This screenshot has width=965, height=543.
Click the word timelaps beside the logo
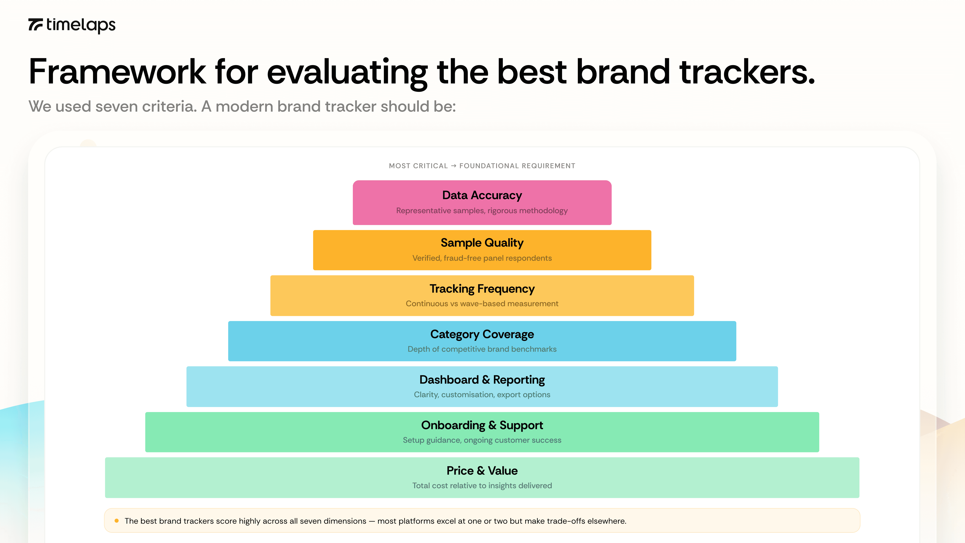(81, 25)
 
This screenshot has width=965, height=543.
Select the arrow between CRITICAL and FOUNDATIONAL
(454, 166)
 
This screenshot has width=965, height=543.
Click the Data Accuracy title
(482, 195)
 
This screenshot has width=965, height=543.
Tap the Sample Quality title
(482, 243)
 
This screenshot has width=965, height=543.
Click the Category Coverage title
(482, 334)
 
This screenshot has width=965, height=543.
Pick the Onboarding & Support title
(482, 425)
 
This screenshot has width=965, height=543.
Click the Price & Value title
(482, 471)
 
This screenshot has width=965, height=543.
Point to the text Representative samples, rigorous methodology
(482, 211)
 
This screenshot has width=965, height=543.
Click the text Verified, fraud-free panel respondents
(482, 258)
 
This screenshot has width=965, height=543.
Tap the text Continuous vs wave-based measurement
(482, 304)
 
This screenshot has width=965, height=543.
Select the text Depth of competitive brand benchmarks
(482, 349)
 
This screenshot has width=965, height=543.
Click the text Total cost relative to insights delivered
(482, 486)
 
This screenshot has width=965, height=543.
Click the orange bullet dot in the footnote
(116, 521)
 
